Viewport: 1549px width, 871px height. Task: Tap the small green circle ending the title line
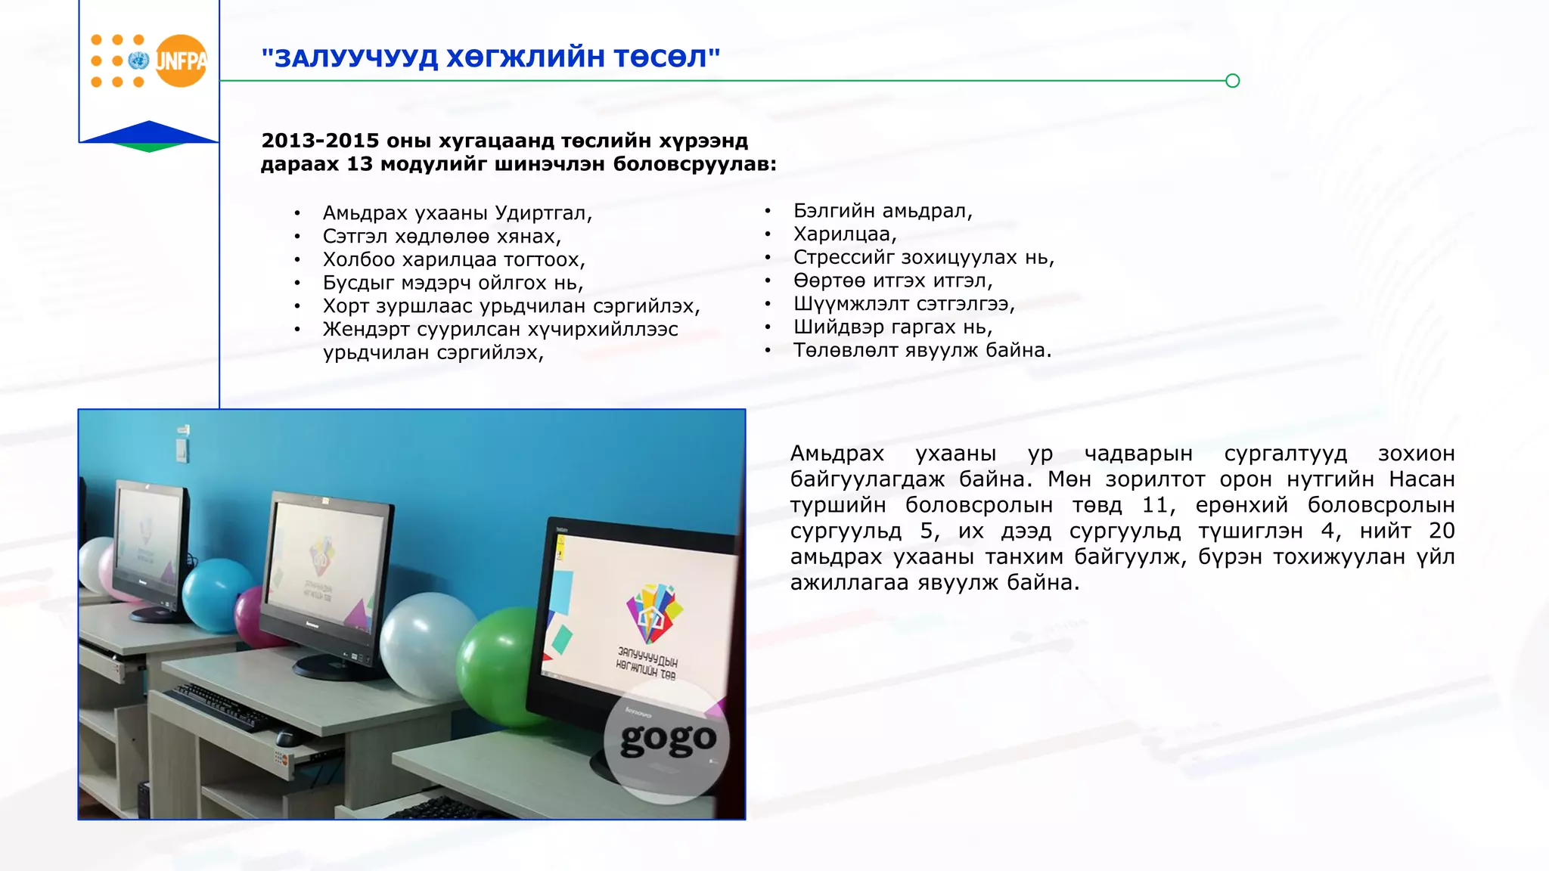click(1232, 81)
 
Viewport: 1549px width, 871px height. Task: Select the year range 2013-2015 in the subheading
click(320, 141)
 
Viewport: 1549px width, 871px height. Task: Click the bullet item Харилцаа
click(844, 234)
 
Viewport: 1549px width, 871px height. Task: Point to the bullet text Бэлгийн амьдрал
click(882, 211)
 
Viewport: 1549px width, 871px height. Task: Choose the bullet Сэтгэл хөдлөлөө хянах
click(442, 237)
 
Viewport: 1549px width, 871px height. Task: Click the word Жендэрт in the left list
click(365, 330)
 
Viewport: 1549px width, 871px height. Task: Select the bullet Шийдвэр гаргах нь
click(892, 327)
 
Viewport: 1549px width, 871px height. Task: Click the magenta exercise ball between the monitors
click(253, 616)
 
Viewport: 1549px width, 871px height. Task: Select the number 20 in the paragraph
click(1441, 531)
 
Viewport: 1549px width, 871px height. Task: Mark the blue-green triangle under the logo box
click(149, 137)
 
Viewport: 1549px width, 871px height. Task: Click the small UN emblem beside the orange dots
click(138, 60)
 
